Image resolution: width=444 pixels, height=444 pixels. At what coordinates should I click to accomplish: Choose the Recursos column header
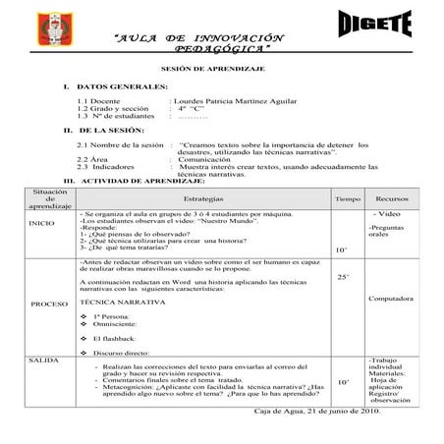392,198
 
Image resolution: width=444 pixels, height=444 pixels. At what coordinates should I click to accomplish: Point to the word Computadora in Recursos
393,298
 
